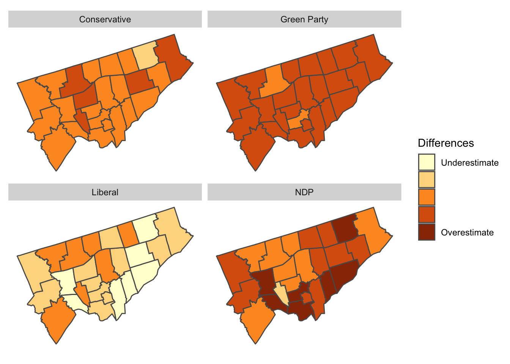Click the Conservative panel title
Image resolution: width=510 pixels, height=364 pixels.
(x=105, y=19)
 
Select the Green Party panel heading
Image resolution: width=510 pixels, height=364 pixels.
(x=304, y=19)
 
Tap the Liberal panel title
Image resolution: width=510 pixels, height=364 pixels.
(x=105, y=192)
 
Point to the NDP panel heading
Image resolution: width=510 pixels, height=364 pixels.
(x=304, y=192)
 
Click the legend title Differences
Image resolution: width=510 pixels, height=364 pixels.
(x=445, y=143)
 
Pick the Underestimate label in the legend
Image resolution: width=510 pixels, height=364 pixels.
(x=469, y=163)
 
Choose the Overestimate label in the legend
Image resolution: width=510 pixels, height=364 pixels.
(x=467, y=232)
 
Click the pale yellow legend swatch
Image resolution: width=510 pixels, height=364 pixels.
(x=427, y=162)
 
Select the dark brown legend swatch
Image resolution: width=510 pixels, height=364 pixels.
(x=427, y=232)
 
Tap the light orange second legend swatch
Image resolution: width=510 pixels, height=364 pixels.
(x=427, y=180)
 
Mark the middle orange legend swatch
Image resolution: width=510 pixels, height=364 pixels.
(x=427, y=197)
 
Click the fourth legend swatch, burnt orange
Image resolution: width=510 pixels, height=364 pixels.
(x=427, y=215)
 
